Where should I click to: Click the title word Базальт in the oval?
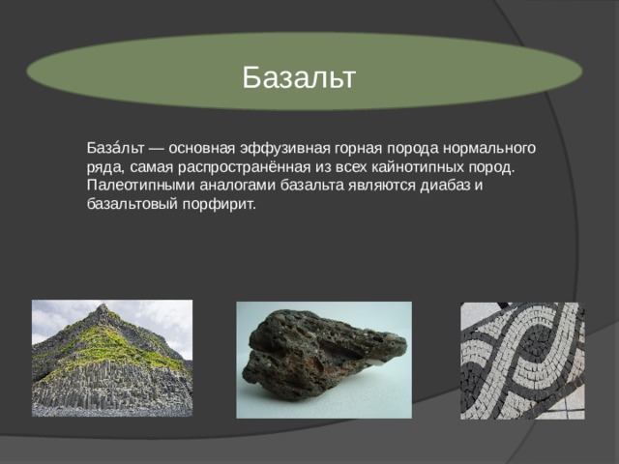pos(299,77)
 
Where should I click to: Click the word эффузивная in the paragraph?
pos(285,148)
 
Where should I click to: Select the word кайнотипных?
pos(418,167)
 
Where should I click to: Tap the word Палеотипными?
pos(140,186)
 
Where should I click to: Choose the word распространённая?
pos(244,167)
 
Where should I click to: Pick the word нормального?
pos(489,148)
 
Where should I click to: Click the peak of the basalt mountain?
pos(103,305)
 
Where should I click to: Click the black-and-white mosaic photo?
pos(522,361)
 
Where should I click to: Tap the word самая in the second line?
pos(151,168)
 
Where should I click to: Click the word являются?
pos(382,186)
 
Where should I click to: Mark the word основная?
pos(202,148)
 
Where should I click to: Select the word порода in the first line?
pos(413,148)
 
